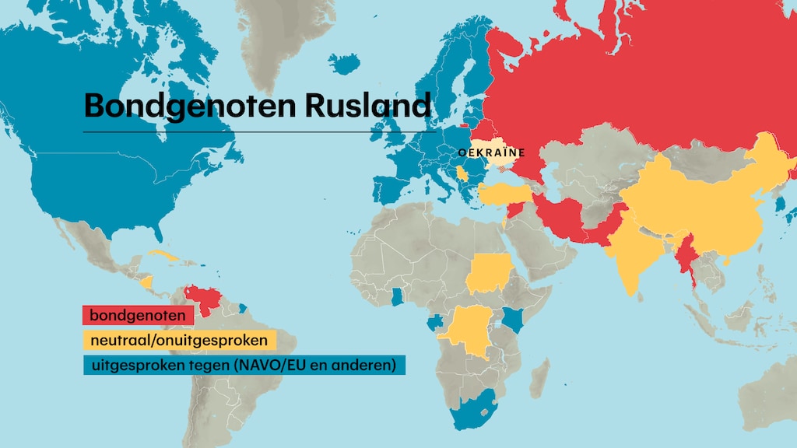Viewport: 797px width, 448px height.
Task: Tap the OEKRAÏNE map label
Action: point(492,153)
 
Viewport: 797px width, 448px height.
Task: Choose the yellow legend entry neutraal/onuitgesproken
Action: point(179,340)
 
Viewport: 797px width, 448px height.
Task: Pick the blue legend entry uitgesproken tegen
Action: point(244,365)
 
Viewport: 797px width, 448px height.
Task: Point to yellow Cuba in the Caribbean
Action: point(165,256)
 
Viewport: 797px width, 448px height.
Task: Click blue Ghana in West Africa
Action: point(398,295)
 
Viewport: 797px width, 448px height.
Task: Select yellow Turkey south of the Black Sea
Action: point(506,194)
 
